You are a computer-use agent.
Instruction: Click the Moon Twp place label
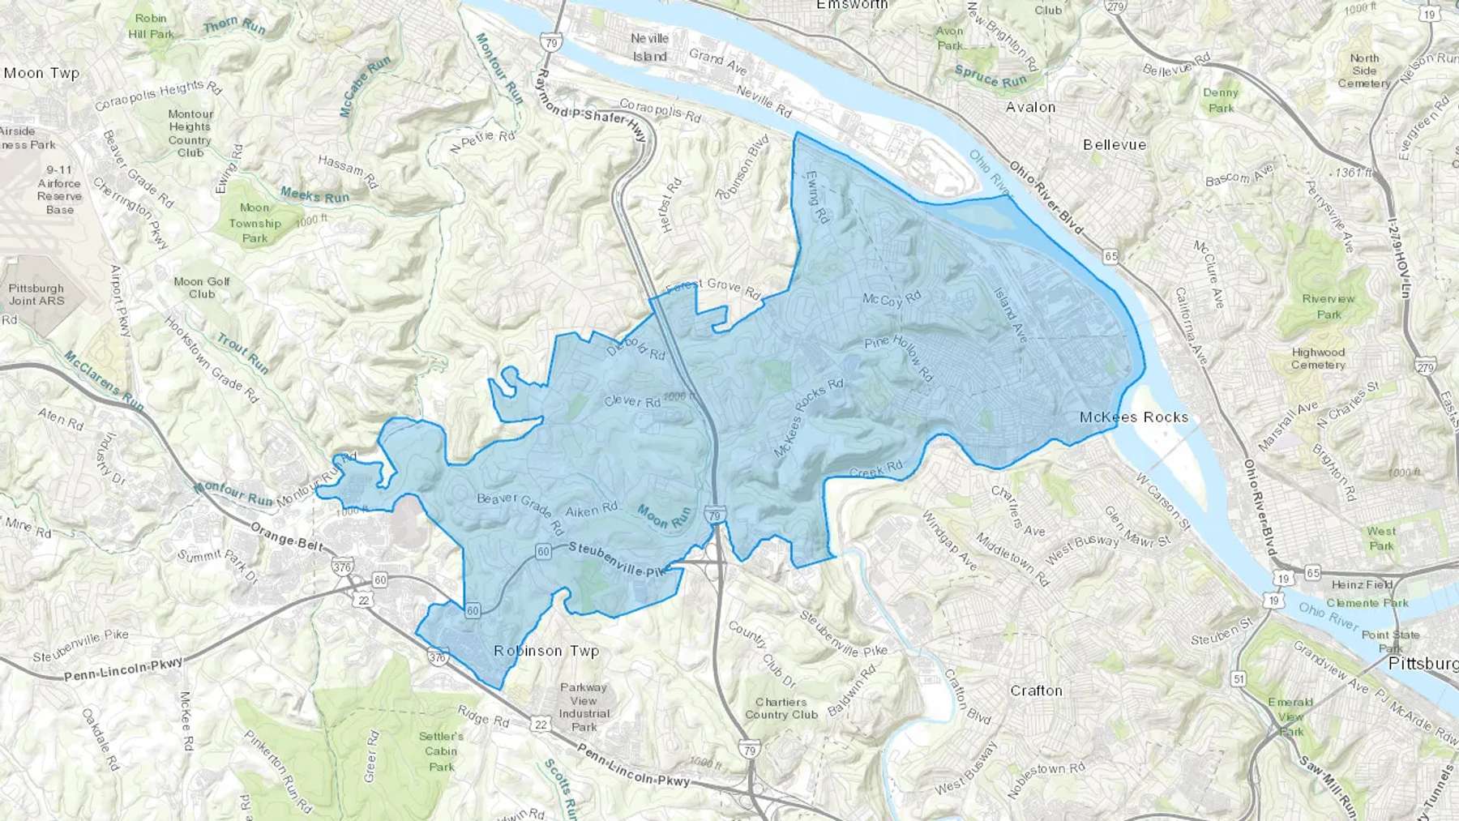[41, 73]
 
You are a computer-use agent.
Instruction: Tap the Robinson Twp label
[546, 651]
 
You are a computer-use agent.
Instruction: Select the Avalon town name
[1030, 107]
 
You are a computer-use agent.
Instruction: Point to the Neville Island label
[650, 47]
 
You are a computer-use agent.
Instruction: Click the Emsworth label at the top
[853, 5]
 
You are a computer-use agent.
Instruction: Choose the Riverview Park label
[1329, 306]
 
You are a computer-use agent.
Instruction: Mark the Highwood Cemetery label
[1318, 358]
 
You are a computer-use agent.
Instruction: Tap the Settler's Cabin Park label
[442, 751]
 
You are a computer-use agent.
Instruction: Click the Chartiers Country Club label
[781, 708]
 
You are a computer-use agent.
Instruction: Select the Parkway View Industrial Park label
[584, 707]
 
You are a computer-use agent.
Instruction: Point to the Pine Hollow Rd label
[899, 357]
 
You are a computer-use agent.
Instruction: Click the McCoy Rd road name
[892, 299]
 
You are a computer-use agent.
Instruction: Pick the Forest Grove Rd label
[712, 287]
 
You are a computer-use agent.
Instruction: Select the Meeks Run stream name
[314, 195]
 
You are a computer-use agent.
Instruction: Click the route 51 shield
[1239, 678]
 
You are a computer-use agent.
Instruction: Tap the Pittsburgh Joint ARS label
[36, 294]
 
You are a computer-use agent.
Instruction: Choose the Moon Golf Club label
[202, 288]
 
